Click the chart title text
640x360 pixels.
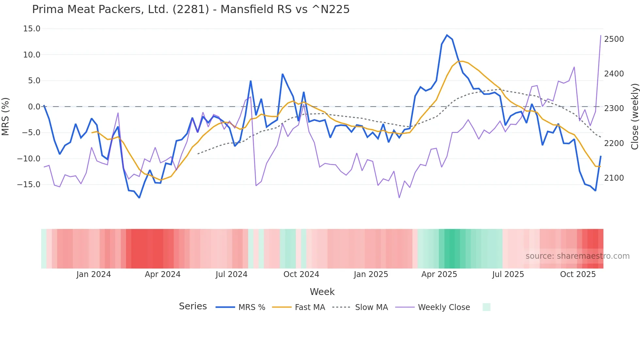191,9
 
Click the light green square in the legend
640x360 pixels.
486,307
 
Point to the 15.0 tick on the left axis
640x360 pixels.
32,29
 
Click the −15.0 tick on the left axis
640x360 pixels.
29,185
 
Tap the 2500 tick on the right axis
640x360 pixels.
614,39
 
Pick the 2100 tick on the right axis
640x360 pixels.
614,178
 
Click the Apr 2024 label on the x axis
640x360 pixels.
163,274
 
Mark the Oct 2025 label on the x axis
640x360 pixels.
578,274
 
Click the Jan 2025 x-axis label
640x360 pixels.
371,274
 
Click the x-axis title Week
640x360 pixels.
322,292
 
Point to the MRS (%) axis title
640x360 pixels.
6,117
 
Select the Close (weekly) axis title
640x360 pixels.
634,117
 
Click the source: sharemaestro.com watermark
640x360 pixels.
577,256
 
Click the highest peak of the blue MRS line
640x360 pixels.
447,35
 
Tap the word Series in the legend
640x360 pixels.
193,306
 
